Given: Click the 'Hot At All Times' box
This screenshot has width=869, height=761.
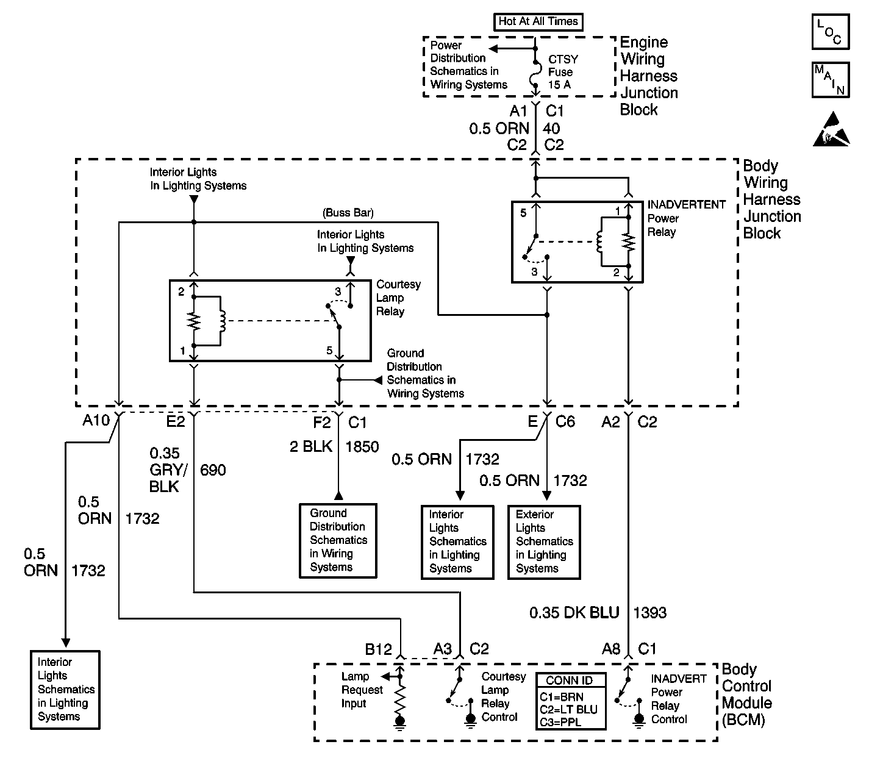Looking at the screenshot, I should point(538,21).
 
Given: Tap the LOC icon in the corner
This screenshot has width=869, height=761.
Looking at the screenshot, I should point(830,32).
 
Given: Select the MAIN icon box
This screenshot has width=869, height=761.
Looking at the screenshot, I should point(830,80).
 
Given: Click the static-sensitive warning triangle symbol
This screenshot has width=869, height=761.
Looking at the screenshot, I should point(831,129).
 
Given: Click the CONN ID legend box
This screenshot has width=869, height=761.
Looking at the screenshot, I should point(571,701).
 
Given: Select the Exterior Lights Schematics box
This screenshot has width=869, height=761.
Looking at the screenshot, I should point(544,541).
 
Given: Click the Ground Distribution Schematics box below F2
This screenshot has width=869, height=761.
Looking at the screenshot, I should point(338,540).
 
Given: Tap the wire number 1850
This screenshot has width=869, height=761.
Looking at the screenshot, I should point(362,447).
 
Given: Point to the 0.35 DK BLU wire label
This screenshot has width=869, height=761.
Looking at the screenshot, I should point(574,613).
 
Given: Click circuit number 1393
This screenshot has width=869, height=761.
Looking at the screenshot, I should point(650,613).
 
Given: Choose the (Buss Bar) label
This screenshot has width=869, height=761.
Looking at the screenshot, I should point(348,213).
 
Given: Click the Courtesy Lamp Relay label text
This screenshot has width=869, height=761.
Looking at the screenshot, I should point(398,298).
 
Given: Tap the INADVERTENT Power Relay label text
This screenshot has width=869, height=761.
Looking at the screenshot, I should point(685,218).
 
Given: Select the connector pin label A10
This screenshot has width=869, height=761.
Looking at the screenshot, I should point(96,421).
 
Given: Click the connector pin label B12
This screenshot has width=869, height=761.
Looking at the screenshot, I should point(378,649).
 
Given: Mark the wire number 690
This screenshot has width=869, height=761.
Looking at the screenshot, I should point(213,470).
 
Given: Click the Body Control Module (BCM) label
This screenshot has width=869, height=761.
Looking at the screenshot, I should point(747,695).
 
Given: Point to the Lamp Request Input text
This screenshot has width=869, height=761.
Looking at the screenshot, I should point(362,690).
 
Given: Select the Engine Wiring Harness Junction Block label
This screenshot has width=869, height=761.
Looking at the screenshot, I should point(649,76).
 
